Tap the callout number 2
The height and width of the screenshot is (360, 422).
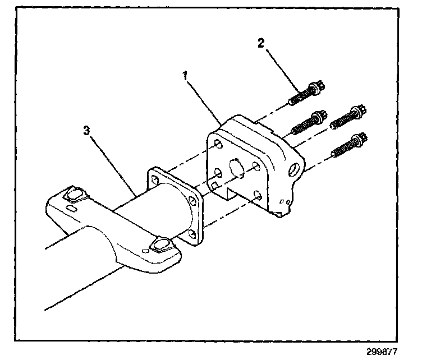click(260, 42)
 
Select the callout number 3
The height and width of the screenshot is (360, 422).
click(86, 131)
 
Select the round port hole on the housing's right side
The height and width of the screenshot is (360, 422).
click(293, 168)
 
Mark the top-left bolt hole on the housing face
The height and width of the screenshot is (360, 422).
click(218, 145)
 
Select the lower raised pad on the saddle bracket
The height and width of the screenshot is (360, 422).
click(161, 244)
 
